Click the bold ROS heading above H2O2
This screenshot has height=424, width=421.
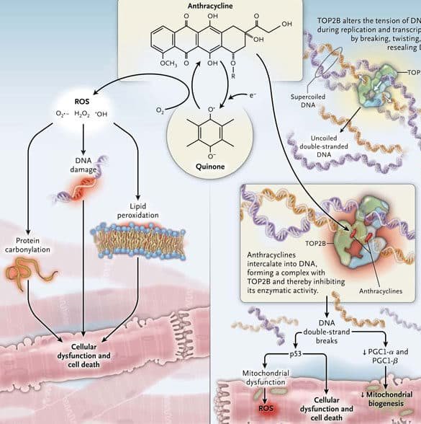pyautogui.click(x=84, y=101)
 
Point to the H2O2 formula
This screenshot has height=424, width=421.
pyautogui.click(x=84, y=113)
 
